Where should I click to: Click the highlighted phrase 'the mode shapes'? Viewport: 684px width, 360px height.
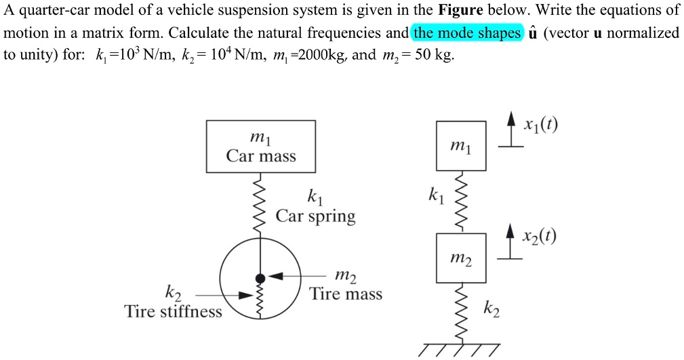click(467, 33)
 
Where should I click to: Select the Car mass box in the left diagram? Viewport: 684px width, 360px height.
click(260, 146)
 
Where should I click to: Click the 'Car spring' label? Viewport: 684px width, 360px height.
click(315, 216)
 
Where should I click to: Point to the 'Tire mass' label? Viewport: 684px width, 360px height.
click(346, 294)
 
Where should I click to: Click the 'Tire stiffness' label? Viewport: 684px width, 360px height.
click(174, 311)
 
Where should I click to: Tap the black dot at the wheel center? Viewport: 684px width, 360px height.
click(260, 277)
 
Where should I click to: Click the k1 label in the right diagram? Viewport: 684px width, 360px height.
click(435, 197)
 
